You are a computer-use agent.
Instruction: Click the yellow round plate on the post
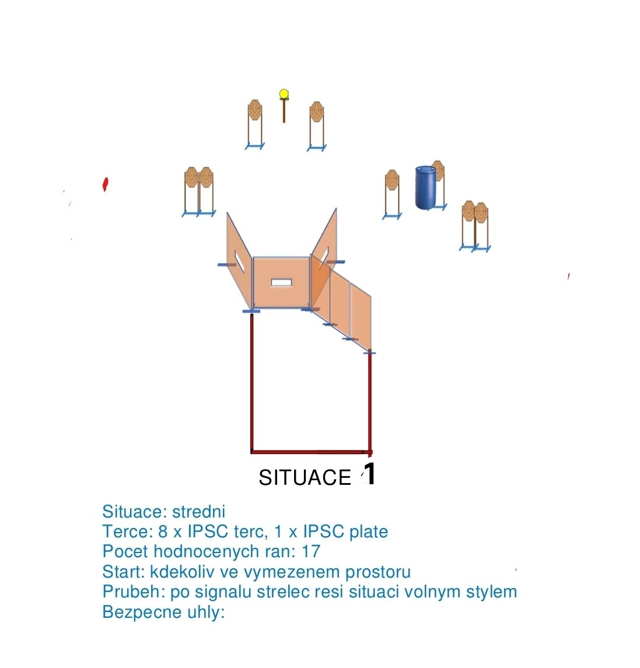284,94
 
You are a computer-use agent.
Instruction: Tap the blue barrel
426,188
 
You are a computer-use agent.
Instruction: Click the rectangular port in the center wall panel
282,282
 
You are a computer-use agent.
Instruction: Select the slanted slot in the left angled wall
239,261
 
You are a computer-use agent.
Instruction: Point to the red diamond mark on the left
105,184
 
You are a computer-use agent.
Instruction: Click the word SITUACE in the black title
305,478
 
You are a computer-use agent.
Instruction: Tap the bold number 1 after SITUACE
370,473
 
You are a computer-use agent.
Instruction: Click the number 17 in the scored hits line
311,551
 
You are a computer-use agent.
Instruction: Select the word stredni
198,511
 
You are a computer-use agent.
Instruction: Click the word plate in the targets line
369,531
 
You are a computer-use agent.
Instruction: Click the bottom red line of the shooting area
312,452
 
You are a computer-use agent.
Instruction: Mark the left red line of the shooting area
252,382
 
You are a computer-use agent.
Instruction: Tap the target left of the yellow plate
255,124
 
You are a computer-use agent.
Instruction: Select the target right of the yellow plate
317,126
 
